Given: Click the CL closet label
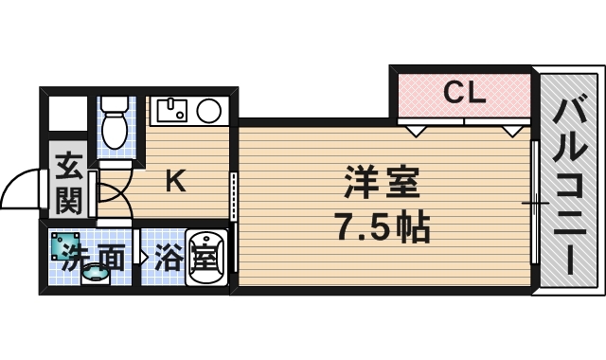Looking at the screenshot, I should tap(465, 93).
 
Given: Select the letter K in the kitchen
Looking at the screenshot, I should tap(176, 180).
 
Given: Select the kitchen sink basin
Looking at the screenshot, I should tap(172, 113).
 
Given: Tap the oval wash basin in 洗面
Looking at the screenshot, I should tap(95, 275).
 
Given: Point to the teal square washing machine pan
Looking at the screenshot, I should tap(65, 245).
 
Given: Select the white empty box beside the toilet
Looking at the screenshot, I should tap(66, 114).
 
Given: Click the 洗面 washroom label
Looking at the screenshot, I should tap(93, 258).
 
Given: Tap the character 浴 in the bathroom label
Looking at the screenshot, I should tap(169, 257).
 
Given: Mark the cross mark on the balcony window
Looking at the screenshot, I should tap(535, 202).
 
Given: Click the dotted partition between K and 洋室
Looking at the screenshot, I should tap(234, 193).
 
